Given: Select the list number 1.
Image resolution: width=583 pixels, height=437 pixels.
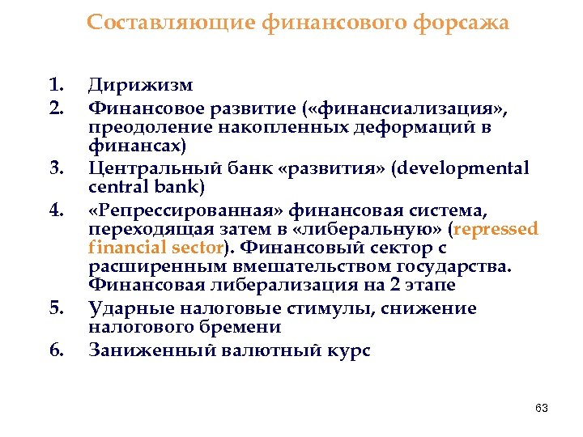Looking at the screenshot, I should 56,84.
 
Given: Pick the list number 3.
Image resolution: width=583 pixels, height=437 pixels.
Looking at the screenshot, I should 56,168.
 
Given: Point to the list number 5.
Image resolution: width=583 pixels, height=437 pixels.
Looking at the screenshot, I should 56,308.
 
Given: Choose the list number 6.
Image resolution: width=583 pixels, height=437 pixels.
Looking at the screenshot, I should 56,350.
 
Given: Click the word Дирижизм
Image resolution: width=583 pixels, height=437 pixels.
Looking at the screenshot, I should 141,84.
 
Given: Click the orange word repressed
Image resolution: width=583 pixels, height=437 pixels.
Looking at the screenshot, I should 497,229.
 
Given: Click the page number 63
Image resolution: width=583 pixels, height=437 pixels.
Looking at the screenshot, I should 542,409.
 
